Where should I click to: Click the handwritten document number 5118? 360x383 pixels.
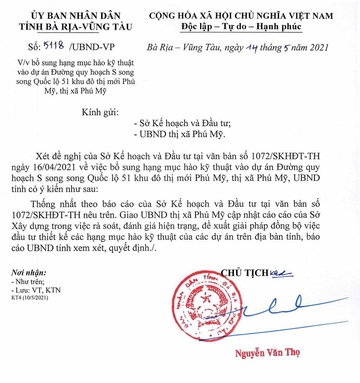[x=54, y=47]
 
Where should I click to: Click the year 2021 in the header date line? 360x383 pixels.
[x=315, y=48]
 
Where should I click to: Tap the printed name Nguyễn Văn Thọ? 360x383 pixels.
[x=270, y=352]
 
